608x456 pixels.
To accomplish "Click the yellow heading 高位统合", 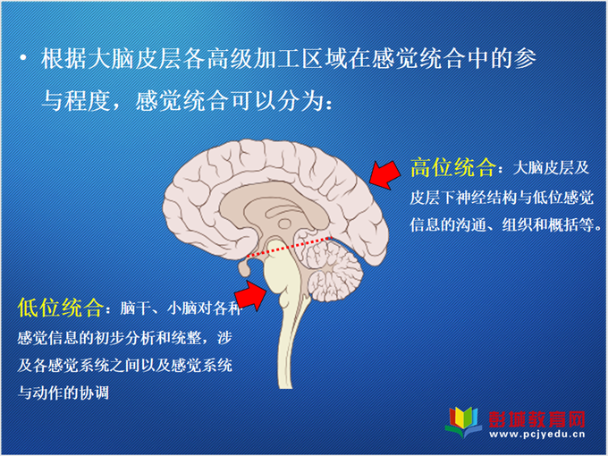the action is click(453, 168).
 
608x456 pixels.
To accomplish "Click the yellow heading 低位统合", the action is click(60, 308).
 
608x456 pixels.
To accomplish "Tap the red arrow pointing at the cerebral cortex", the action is click(385, 175).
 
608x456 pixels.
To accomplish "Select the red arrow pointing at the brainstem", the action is click(251, 295).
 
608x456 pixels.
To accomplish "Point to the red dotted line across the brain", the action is click(290, 247).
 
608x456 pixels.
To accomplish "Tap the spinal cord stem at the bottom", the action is click(289, 345).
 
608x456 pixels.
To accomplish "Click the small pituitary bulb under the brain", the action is click(244, 268).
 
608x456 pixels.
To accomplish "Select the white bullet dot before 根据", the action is click(23, 58).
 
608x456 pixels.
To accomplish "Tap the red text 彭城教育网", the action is click(536, 419).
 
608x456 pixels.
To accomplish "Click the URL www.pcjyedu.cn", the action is click(537, 435).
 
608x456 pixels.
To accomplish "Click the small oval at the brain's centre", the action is click(284, 224).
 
